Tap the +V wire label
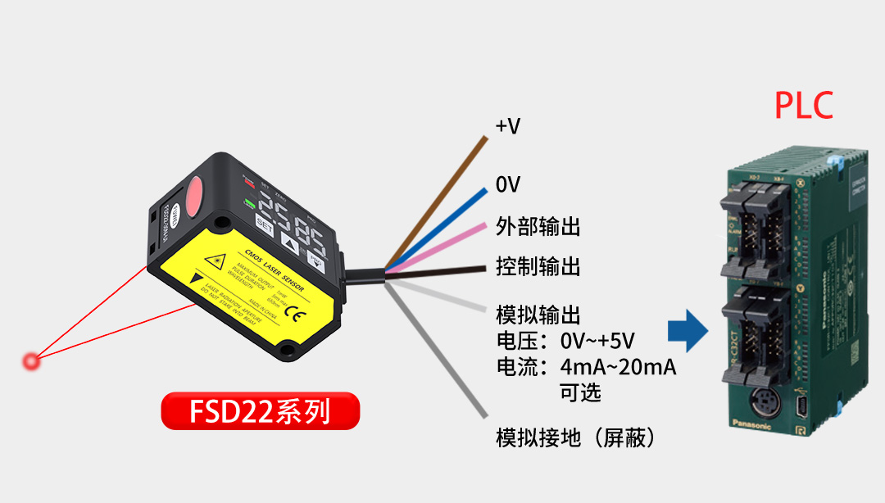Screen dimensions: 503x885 pyautogui.click(x=508, y=126)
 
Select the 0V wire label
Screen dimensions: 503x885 pyautogui.click(x=508, y=184)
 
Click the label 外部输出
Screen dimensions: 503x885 pyautogui.click(x=538, y=226)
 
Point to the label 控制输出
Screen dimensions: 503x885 pyautogui.click(x=538, y=266)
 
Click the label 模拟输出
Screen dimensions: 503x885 pyautogui.click(x=538, y=315)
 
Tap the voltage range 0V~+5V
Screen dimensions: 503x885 pyautogui.click(x=597, y=341)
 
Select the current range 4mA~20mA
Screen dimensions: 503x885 pyautogui.click(x=618, y=367)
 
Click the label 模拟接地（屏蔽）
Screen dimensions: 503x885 pyautogui.click(x=577, y=438)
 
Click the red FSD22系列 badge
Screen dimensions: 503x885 pyautogui.click(x=260, y=410)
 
